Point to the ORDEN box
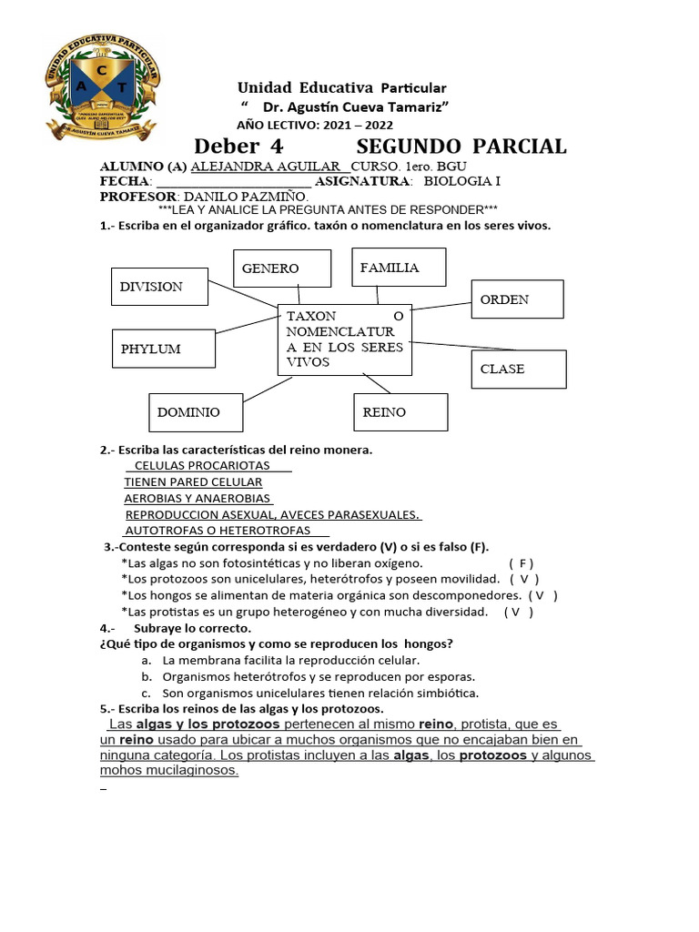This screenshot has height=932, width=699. pyautogui.click(x=517, y=299)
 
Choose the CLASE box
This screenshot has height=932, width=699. pyautogui.click(x=519, y=369)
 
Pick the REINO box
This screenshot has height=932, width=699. pyautogui.click(x=400, y=412)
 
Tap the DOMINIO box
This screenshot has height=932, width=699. pyautogui.click(x=196, y=412)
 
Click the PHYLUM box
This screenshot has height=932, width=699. pyautogui.click(x=159, y=349)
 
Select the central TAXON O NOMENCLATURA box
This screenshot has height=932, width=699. pyautogui.click(x=345, y=339)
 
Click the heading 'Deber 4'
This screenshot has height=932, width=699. pyautogui.click(x=238, y=147)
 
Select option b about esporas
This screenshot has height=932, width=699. pyautogui.click(x=319, y=676)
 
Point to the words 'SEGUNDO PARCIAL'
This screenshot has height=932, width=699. pyautogui.click(x=461, y=147)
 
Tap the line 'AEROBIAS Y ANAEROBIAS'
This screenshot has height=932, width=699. pyautogui.click(x=198, y=499)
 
